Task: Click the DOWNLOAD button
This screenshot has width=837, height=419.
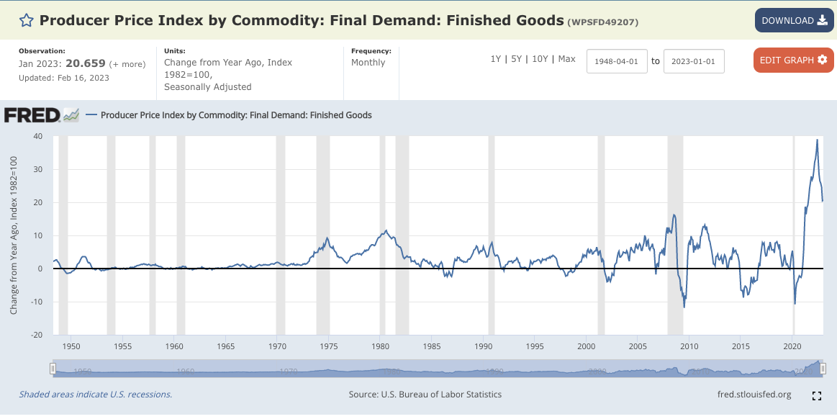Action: click(794, 20)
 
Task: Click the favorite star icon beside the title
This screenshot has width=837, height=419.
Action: click(26, 20)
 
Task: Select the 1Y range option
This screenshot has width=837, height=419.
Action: click(495, 59)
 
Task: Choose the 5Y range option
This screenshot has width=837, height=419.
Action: click(516, 59)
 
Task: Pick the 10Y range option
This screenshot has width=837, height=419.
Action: click(540, 59)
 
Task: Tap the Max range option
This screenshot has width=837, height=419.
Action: click(566, 59)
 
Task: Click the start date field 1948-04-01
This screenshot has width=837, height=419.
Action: click(617, 61)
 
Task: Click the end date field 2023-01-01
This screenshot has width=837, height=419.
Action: click(694, 61)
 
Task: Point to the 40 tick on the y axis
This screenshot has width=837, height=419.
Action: click(37, 136)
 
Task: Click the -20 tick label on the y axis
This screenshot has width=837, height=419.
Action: click(36, 335)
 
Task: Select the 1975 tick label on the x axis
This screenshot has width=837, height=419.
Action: click(329, 346)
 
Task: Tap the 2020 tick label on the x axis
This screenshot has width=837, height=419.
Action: click(792, 346)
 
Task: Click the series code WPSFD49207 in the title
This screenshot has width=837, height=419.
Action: click(603, 22)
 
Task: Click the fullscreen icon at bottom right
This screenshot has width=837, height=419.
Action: click(817, 395)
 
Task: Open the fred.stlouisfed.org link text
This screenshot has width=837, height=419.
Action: click(754, 395)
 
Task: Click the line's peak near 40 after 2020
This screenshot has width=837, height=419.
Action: click(817, 140)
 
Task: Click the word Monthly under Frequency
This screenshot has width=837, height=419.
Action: click(368, 63)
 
